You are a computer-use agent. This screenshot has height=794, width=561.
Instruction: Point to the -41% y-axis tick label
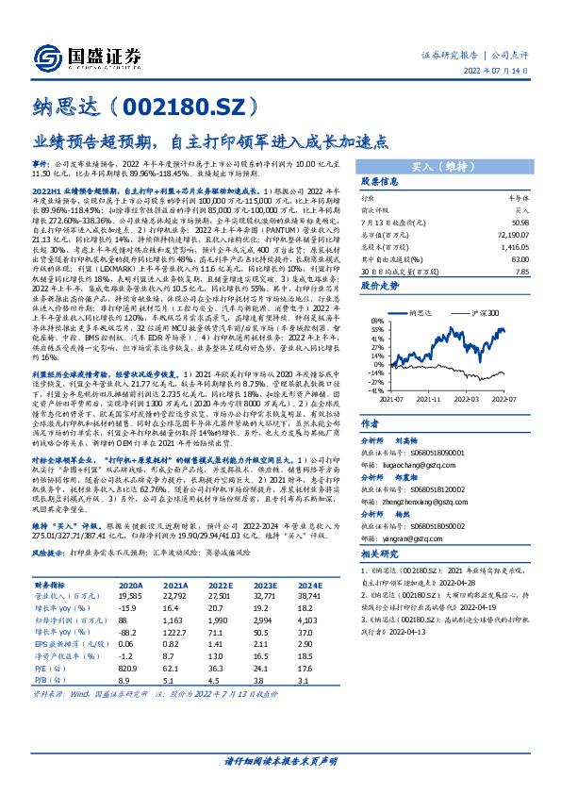(x=374, y=389)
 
